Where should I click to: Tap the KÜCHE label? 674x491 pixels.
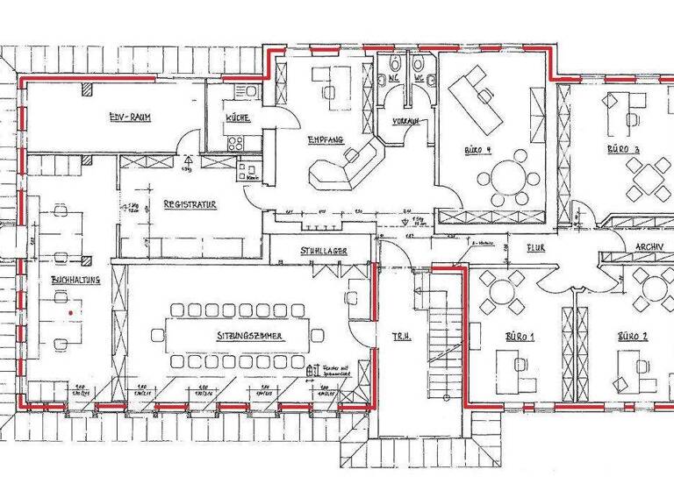coord(238,117)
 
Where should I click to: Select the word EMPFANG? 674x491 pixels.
coord(325,140)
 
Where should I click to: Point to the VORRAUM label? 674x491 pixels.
coord(405,120)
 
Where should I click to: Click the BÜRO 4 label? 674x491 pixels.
coord(477,150)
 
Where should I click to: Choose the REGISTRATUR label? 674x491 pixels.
coord(190,204)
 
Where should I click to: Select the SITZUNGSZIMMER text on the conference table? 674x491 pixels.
coord(237,336)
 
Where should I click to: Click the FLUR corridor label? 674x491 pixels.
coord(535,248)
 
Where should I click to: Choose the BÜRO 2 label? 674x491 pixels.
coord(632,336)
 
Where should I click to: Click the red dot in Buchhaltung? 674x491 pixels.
coord(68,311)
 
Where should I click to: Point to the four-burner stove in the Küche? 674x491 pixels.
coord(235,143)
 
